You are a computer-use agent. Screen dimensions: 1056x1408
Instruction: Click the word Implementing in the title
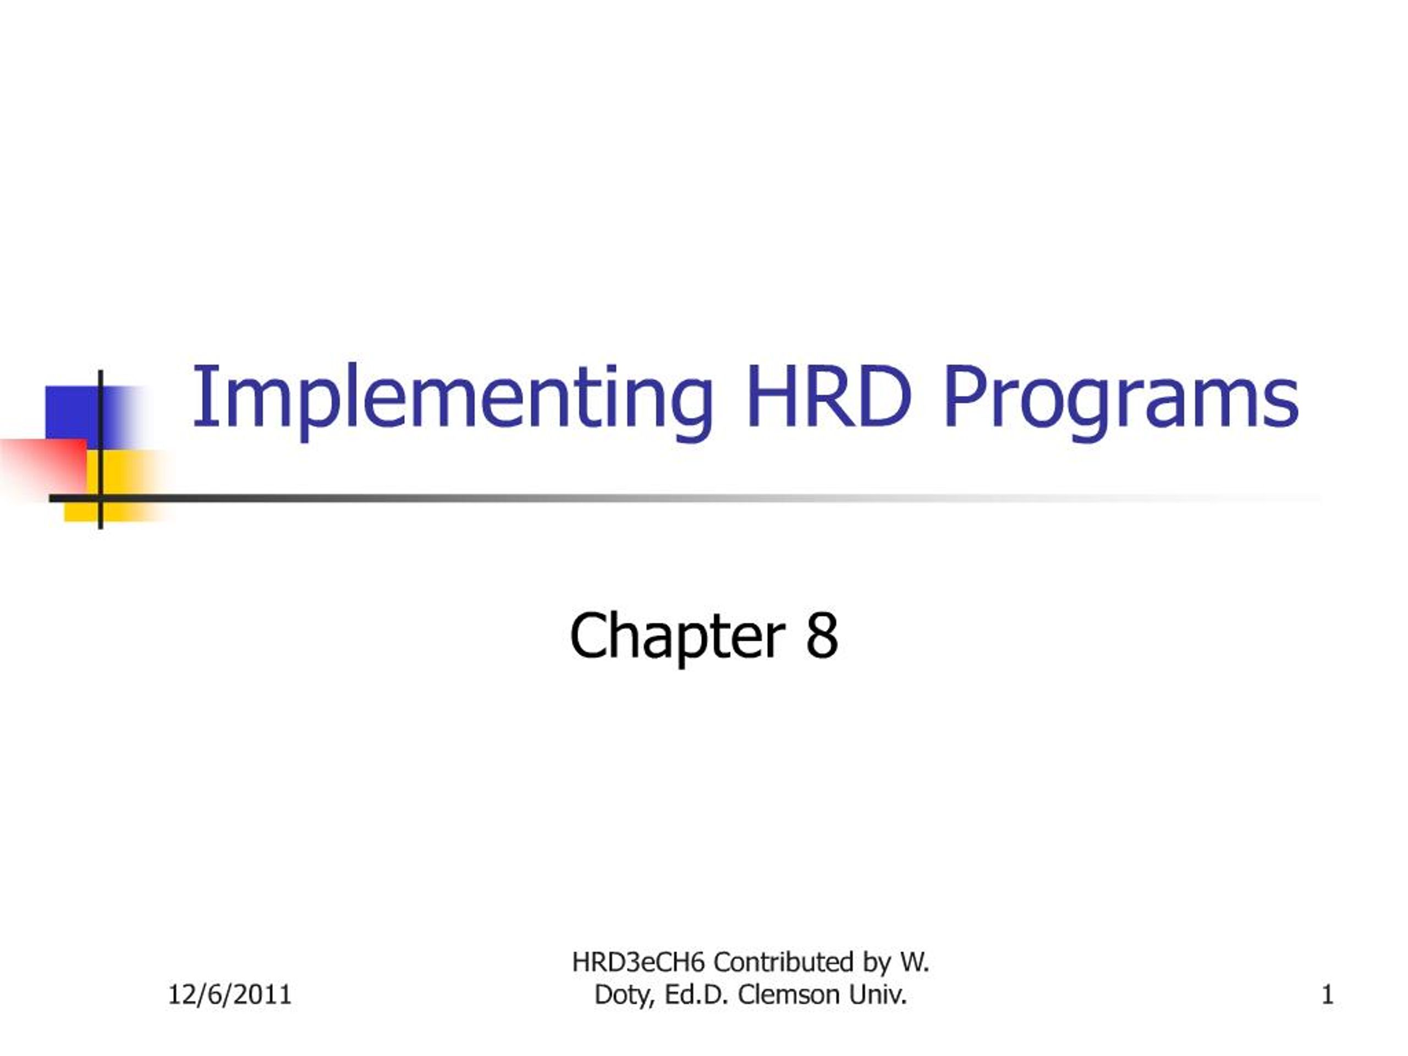click(452, 398)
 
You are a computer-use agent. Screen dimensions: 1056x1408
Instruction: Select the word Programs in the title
click(1121, 398)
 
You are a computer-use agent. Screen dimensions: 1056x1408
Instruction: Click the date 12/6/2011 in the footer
click(230, 994)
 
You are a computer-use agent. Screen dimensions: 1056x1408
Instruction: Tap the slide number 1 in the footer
click(1327, 994)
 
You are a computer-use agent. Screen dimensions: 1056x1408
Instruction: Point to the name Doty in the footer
click(624, 995)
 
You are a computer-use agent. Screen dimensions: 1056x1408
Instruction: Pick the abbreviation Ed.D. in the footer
click(696, 994)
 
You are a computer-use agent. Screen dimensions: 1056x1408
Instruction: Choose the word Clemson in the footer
click(788, 994)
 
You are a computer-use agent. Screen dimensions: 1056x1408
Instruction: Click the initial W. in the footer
click(914, 962)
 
